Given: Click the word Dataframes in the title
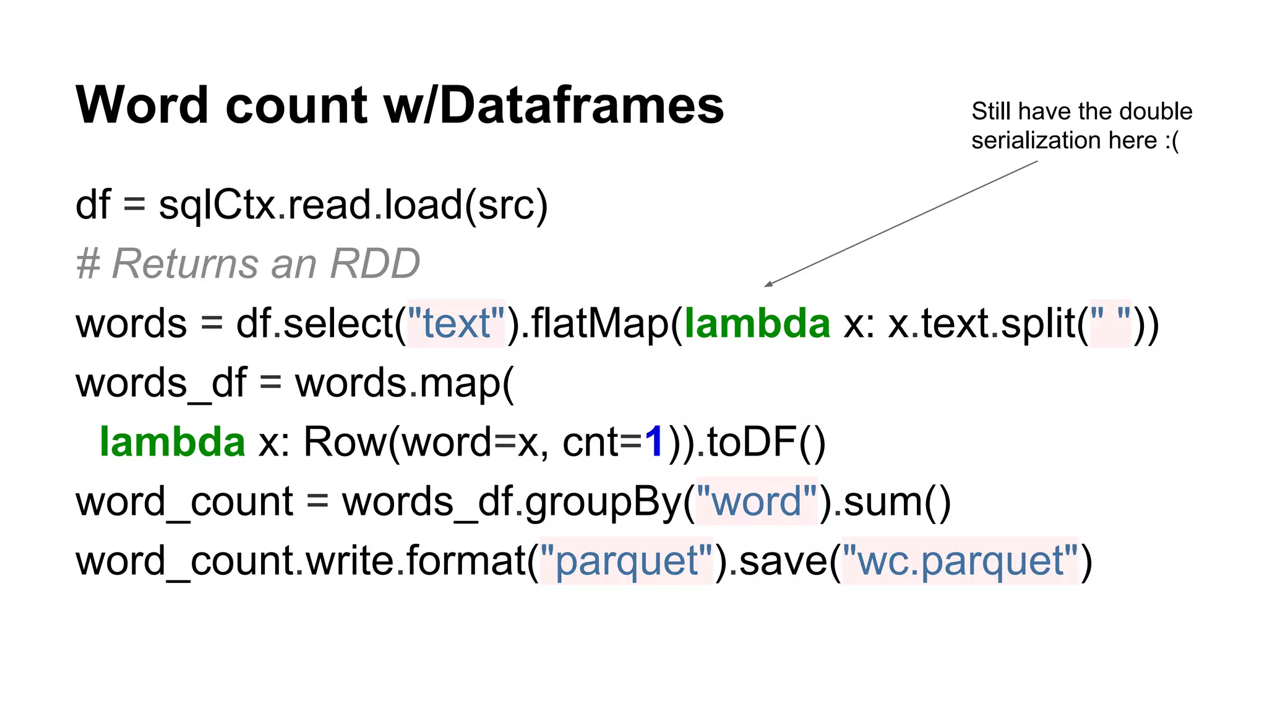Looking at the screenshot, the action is point(582,105).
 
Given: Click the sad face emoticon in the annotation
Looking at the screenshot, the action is point(1172,141).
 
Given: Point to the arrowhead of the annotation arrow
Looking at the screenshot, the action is point(768,284).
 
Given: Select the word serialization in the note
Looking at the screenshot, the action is point(1037,141).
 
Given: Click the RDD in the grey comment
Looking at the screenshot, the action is point(375,264).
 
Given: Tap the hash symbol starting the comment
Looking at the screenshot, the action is point(88,264).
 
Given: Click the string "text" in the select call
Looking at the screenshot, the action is point(456,323).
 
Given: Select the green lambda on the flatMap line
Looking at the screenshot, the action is point(757,323).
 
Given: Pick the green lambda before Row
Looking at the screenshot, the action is point(173,442).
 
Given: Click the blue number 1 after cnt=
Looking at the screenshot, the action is point(654,442).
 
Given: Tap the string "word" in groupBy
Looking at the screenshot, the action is point(757,501).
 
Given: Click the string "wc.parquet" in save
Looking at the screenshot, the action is point(960,561).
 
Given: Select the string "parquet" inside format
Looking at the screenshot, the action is point(627,561).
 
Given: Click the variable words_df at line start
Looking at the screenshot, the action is point(161,383).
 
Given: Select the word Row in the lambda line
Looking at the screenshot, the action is point(344,442).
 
